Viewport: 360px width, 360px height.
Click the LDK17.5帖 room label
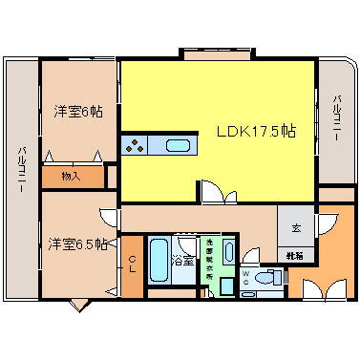254,132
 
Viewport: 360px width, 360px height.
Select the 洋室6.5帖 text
77,244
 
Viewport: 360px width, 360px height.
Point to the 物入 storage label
70,177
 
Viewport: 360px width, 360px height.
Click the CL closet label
132,261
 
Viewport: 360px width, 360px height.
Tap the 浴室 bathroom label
181,259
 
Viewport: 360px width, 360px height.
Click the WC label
247,279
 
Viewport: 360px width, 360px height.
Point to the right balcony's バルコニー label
338,120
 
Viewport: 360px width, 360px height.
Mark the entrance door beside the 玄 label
328,225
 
